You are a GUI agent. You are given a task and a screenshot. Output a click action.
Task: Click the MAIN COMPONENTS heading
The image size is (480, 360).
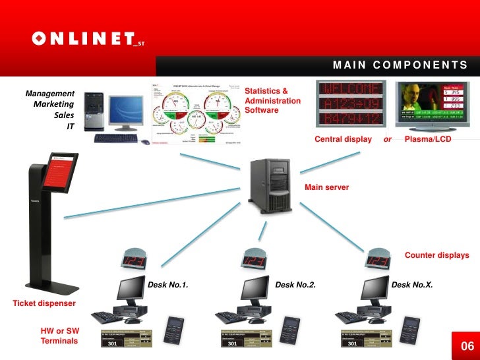point(400,65)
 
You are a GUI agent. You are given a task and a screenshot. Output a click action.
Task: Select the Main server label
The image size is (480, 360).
point(326,187)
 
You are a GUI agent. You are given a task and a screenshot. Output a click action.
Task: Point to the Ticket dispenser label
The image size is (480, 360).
point(44,303)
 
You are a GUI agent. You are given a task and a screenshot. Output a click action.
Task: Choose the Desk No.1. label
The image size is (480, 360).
point(167,285)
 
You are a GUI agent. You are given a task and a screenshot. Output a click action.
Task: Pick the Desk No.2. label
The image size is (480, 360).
point(295,285)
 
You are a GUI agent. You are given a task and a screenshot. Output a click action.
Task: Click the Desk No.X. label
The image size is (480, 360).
point(412,285)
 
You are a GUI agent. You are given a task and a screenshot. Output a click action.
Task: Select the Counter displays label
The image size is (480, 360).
point(436,255)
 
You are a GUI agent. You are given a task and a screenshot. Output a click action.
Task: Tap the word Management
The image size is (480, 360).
point(49,94)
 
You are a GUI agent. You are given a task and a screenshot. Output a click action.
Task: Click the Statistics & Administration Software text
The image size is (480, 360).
point(272,100)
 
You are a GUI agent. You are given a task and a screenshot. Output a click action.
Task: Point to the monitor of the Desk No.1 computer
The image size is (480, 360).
point(131,289)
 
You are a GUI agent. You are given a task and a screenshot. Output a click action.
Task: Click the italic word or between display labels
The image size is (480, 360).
point(388,140)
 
